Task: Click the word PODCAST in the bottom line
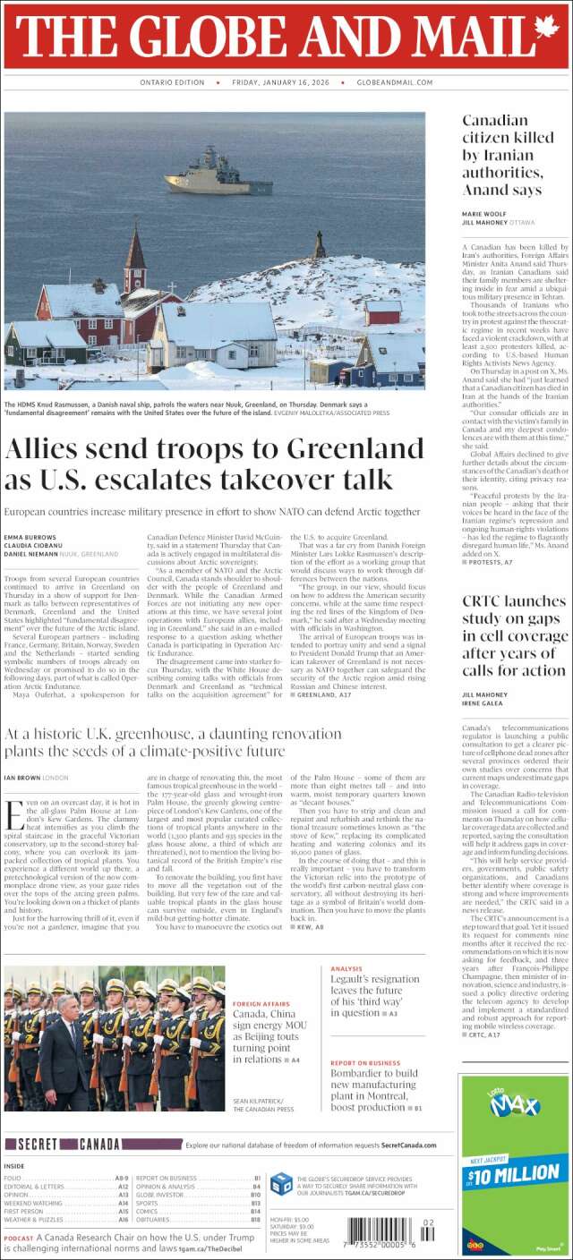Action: pyautogui.click(x=21, y=1238)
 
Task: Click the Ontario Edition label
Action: pyautogui.click(x=172, y=82)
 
